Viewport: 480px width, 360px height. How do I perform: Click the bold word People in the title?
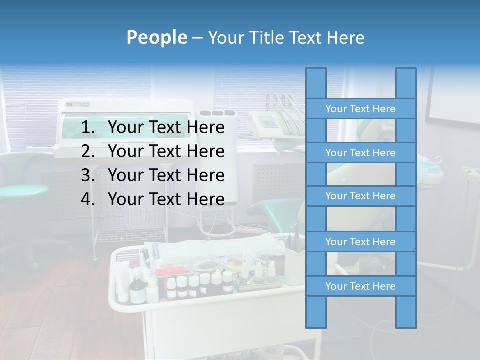click(x=157, y=37)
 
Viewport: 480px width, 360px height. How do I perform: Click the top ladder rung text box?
click(x=360, y=109)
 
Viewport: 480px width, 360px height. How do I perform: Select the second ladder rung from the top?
click(x=360, y=153)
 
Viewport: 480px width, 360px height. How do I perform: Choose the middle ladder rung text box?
click(x=360, y=196)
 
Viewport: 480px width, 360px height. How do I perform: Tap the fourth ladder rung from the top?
click(x=360, y=242)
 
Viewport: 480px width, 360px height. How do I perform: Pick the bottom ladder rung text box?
click(x=360, y=286)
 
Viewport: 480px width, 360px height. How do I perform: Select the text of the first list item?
click(x=166, y=128)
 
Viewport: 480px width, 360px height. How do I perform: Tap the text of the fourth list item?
click(x=166, y=199)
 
